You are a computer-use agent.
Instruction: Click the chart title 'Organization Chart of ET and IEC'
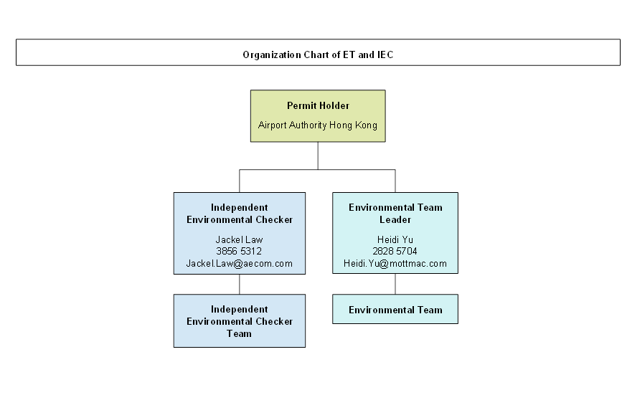pos(318,54)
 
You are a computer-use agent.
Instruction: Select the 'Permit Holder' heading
pos(318,106)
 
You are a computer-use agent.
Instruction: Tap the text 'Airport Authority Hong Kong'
pos(318,125)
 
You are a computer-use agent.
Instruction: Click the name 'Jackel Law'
pos(239,239)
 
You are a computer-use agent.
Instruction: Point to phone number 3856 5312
pos(239,251)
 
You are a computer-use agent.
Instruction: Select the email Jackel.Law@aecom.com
pos(239,264)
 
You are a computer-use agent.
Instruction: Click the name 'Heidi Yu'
pos(395,239)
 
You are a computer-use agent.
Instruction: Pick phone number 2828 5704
pos(395,251)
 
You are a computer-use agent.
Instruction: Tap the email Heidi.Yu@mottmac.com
pos(395,264)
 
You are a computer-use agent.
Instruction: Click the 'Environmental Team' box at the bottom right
pos(395,309)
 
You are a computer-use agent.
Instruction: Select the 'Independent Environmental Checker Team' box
pos(240,321)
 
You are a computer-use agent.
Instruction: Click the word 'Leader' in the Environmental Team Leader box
pos(395,219)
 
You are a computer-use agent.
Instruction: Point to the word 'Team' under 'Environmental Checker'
pos(239,333)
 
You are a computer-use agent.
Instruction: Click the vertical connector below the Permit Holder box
pos(318,156)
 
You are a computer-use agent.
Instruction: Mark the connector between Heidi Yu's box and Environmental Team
pos(395,284)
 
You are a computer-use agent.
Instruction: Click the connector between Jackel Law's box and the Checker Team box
pos(239,284)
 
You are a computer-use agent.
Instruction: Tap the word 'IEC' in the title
pos(385,54)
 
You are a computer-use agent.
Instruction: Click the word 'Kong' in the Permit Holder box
pos(366,125)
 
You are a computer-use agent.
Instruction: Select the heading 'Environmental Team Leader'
pos(395,214)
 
